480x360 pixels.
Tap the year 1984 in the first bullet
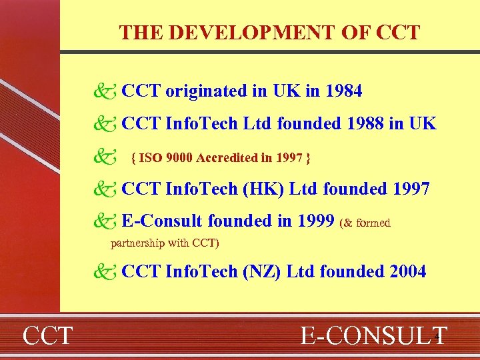[x=343, y=91]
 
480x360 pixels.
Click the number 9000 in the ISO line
[x=179, y=159]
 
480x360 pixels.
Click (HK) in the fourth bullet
[x=256, y=189]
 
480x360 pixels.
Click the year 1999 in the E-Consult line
[x=314, y=220]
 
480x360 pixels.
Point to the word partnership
[x=138, y=242]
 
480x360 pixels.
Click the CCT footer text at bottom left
[x=48, y=335]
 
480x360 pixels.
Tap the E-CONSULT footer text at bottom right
[x=373, y=335]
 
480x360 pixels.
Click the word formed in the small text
[x=373, y=223]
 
